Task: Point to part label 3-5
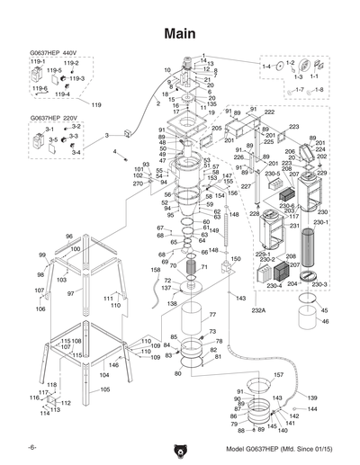pos(53,140)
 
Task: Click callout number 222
pos(269,112)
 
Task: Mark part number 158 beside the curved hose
pos(155,269)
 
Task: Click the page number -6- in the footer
pos(31,447)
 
